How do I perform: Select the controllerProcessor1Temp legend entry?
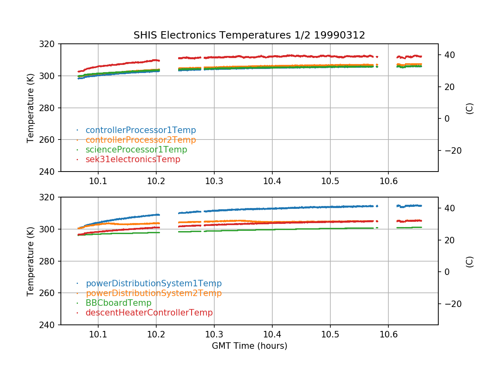point(140,130)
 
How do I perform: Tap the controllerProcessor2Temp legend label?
point(140,140)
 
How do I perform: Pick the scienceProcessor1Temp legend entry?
point(136,150)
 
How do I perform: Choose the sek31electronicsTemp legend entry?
point(133,159)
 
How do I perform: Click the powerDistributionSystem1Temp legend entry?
point(153,283)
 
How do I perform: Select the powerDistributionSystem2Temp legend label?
point(153,293)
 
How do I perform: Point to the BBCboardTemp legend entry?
point(118,303)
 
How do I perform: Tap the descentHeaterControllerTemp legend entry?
point(149,313)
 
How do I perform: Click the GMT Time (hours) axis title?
point(249,346)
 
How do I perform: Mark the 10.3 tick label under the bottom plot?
point(214,334)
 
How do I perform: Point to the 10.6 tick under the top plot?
point(388,181)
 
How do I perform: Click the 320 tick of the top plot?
point(50,44)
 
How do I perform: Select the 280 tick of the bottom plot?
point(50,261)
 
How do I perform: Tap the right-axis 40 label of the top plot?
point(449,55)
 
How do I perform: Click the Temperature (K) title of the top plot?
point(30,107)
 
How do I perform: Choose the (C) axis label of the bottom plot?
point(470,261)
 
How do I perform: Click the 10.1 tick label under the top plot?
point(98,181)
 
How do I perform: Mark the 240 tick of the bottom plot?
point(50,325)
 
